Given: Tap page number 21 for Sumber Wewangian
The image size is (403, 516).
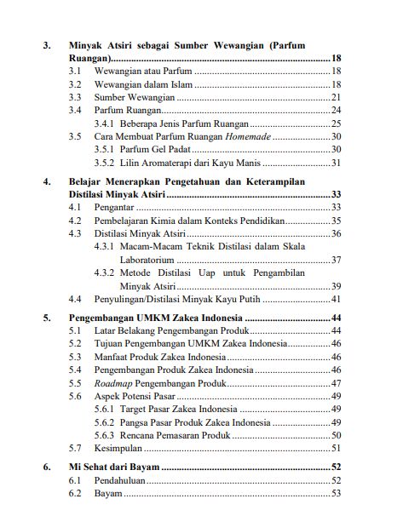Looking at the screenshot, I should click(x=336, y=98).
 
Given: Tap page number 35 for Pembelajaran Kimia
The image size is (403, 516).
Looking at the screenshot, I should click(x=336, y=220).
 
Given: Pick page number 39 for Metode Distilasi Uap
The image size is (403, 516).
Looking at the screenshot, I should click(x=336, y=286).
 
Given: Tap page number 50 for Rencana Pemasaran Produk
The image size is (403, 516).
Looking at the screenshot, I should click(x=336, y=435).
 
